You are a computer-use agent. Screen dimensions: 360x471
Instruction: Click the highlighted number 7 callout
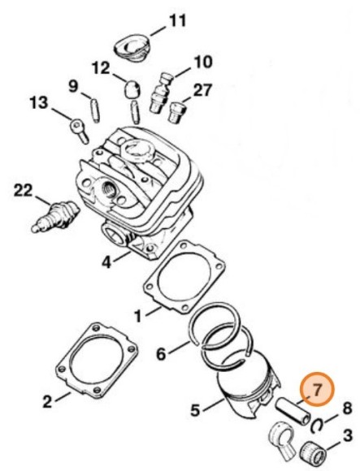point(316,389)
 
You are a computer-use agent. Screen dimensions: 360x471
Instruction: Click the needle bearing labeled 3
point(314,452)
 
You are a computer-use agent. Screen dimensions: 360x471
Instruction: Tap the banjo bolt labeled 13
point(79,131)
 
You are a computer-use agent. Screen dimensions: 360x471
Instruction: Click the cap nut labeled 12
point(132,89)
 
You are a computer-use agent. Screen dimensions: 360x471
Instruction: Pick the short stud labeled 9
point(95,110)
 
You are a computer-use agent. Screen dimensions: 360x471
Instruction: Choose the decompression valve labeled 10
point(160,93)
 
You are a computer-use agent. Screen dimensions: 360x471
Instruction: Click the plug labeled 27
point(176,112)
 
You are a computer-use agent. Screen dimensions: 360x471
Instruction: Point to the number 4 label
point(106,262)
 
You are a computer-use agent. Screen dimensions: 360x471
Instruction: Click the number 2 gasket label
point(47,401)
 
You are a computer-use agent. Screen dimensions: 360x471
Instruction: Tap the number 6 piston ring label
point(161,354)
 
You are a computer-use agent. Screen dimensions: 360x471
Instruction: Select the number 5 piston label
point(196,409)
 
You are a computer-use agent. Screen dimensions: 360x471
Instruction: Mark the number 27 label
point(202,90)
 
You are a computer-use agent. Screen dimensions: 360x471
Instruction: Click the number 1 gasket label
point(137,315)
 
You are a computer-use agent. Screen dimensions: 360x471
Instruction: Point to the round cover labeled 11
point(132,48)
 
